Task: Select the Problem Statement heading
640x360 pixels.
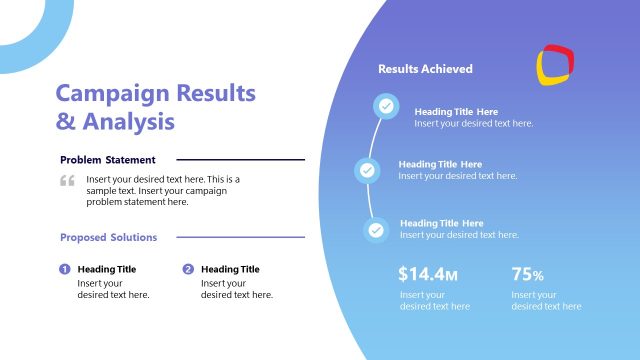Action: (x=107, y=160)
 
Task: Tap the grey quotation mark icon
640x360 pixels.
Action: (x=67, y=181)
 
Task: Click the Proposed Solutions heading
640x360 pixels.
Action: (x=108, y=238)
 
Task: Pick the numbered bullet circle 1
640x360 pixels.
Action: (x=65, y=269)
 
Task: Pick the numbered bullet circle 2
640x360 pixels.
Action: (x=188, y=269)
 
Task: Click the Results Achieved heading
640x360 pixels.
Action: (x=425, y=69)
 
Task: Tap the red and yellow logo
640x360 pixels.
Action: (x=555, y=64)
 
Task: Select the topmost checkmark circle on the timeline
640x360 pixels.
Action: (x=385, y=106)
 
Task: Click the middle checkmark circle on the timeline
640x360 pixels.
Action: (x=367, y=170)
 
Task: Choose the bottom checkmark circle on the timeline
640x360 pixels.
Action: (x=376, y=229)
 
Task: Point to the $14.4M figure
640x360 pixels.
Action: (x=428, y=274)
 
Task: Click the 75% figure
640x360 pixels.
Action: (x=527, y=274)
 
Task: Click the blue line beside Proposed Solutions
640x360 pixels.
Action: (x=240, y=238)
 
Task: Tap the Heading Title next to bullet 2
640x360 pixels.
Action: (x=230, y=269)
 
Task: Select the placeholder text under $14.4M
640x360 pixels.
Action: (x=434, y=301)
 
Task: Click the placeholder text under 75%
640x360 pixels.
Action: (x=546, y=301)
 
